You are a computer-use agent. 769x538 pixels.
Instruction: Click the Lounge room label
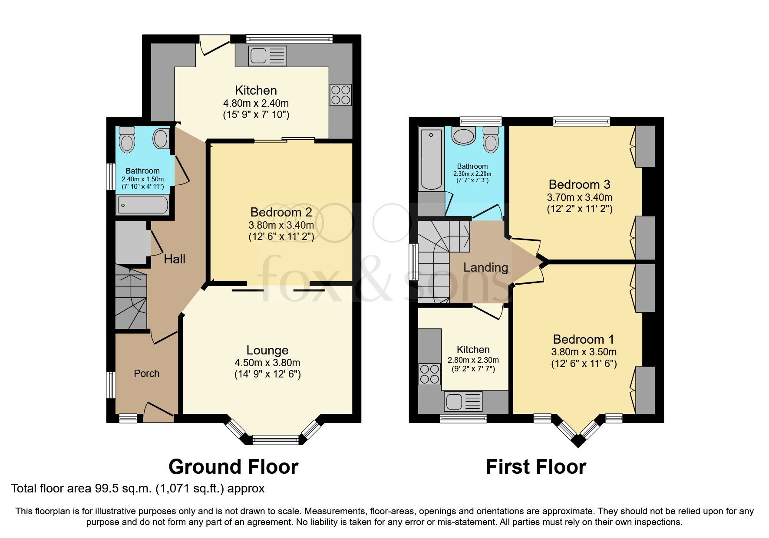pyautogui.click(x=267, y=350)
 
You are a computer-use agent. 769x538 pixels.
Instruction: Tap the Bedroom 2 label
pyautogui.click(x=281, y=212)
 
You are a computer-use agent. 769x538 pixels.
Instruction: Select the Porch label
pyautogui.click(x=146, y=374)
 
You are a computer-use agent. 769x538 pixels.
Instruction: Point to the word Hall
pyautogui.click(x=175, y=259)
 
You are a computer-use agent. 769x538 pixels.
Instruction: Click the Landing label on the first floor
pyautogui.click(x=485, y=267)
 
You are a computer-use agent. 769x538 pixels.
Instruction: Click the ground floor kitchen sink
pyautogui.click(x=267, y=56)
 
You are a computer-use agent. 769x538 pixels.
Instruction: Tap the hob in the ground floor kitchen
pyautogui.click(x=340, y=95)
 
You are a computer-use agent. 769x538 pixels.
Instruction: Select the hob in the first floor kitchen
pyautogui.click(x=429, y=374)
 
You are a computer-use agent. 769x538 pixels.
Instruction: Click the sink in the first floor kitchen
pyautogui.click(x=463, y=401)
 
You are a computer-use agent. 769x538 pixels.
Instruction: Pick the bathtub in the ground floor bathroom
pyautogui.click(x=143, y=205)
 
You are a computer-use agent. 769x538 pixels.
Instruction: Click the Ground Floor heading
pyautogui.click(x=233, y=467)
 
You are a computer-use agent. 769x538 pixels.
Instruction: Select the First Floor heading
pyautogui.click(x=536, y=467)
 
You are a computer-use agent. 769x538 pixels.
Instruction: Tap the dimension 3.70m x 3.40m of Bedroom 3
pyautogui.click(x=579, y=197)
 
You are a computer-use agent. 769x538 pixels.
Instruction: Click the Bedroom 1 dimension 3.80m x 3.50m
pyautogui.click(x=584, y=352)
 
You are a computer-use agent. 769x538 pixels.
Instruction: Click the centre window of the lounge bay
pyautogui.click(x=276, y=440)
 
